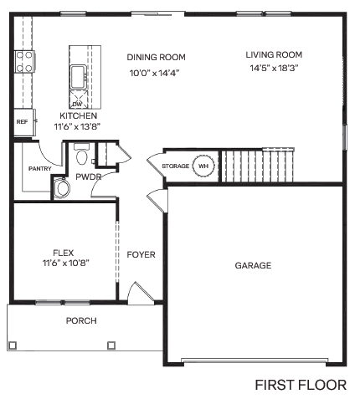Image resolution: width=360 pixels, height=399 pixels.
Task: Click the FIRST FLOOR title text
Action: pyautogui.click(x=301, y=385)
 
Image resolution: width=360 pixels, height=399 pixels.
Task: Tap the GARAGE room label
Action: pyautogui.click(x=252, y=265)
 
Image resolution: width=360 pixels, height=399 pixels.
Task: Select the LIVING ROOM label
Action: pyautogui.click(x=274, y=54)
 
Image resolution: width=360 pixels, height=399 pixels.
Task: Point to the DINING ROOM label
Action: pyautogui.click(x=156, y=57)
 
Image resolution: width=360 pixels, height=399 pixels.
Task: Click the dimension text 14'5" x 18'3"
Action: pyautogui.click(x=274, y=68)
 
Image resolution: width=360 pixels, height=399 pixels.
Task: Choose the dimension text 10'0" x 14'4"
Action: pyautogui.click(x=156, y=73)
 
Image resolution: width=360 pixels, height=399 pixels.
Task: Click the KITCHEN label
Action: pyautogui.click(x=78, y=115)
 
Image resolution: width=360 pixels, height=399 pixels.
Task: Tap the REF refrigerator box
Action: pyautogui.click(x=23, y=121)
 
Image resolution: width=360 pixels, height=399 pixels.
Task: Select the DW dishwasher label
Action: pyautogui.click(x=76, y=104)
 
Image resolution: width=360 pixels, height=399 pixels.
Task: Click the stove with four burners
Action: pyautogui.click(x=24, y=61)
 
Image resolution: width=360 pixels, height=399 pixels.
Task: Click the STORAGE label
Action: pyautogui.click(x=175, y=166)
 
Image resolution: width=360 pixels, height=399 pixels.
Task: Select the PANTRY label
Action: pyautogui.click(x=39, y=168)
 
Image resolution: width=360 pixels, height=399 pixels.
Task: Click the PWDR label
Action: pyautogui.click(x=88, y=177)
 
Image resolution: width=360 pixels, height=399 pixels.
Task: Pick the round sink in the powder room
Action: pyautogui.click(x=63, y=189)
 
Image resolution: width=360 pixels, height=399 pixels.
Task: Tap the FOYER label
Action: pyautogui.click(x=141, y=254)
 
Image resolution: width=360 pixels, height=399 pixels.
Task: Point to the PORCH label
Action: pyautogui.click(x=81, y=320)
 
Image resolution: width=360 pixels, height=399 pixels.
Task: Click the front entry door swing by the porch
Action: pyautogui.click(x=138, y=293)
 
